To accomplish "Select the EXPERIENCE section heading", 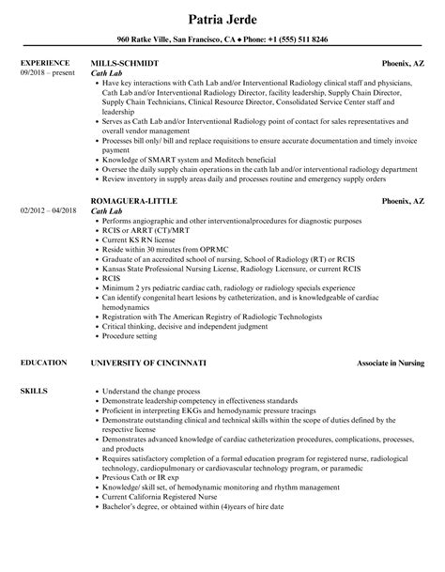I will pyautogui.click(x=42, y=64).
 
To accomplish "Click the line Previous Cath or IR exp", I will pyautogui.click(x=148, y=478).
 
